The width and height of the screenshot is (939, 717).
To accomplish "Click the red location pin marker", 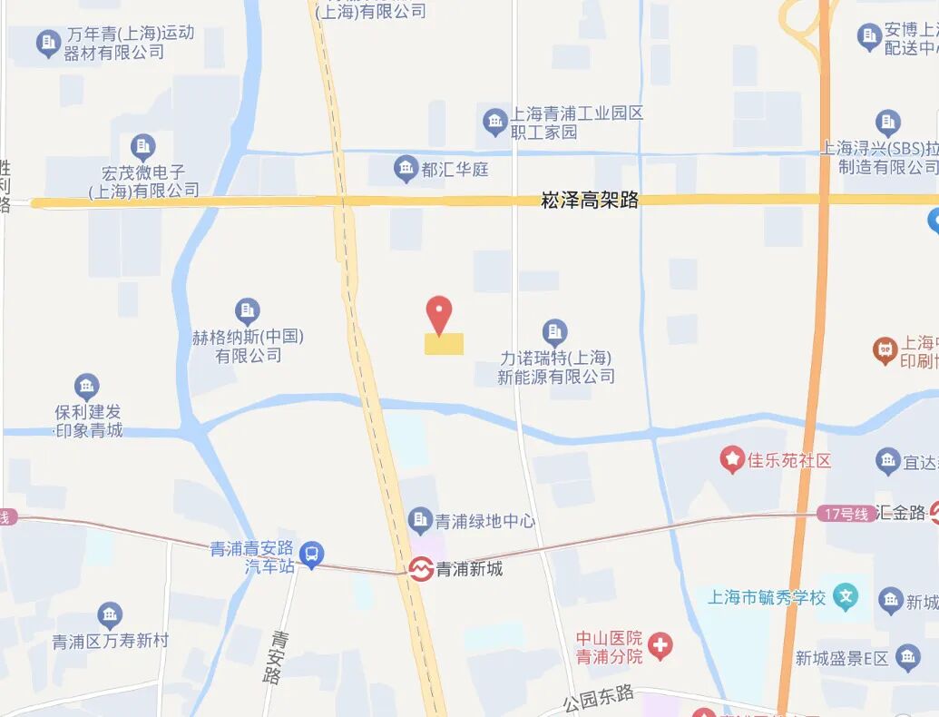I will pyautogui.click(x=439, y=313).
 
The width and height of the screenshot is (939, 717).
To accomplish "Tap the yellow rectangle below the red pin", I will pyautogui.click(x=444, y=344).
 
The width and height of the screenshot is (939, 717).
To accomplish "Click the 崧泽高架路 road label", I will pyautogui.click(x=590, y=201).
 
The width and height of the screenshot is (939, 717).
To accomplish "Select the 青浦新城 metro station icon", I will pyautogui.click(x=420, y=569).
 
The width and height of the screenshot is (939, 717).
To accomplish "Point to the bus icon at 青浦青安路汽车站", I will pyautogui.click(x=311, y=553).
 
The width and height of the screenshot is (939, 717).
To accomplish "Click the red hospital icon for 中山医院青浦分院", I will pyautogui.click(x=660, y=646).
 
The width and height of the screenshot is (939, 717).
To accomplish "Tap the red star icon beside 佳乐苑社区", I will pyautogui.click(x=731, y=460).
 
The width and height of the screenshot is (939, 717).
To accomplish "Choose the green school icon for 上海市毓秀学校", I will pyautogui.click(x=846, y=597).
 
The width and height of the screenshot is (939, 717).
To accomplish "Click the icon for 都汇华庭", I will pyautogui.click(x=406, y=168).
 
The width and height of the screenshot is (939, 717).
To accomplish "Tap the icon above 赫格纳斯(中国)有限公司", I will pyautogui.click(x=247, y=311).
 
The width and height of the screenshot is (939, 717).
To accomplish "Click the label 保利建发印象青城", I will pyautogui.click(x=88, y=421).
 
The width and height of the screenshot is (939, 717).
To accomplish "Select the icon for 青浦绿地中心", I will pyautogui.click(x=420, y=520).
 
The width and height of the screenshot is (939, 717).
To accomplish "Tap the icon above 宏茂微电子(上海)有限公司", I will pyautogui.click(x=142, y=146).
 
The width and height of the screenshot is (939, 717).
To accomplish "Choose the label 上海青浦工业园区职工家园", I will pyautogui.click(x=576, y=123).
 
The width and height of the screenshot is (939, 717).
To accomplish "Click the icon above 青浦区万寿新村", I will pyautogui.click(x=110, y=616).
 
